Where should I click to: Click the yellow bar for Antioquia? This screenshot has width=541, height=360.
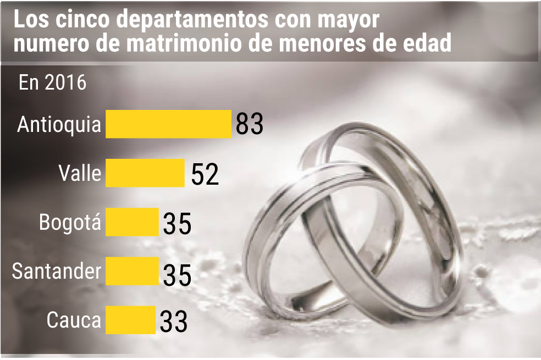click(x=168, y=124)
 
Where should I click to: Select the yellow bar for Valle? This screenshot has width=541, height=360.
click(x=145, y=173)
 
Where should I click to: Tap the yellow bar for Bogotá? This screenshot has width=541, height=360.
click(x=132, y=222)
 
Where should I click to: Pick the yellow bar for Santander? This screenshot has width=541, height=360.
click(x=132, y=271)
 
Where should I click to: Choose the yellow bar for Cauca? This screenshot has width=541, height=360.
click(x=130, y=320)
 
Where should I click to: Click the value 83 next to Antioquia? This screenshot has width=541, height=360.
click(x=250, y=124)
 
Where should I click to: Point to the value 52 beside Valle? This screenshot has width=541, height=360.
click(x=205, y=174)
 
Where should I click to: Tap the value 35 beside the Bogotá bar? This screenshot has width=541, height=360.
click(x=177, y=224)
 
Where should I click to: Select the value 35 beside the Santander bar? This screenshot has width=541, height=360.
click(x=177, y=275)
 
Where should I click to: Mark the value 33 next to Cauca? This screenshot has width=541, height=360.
click(x=174, y=322)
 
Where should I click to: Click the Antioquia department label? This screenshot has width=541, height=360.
click(x=59, y=124)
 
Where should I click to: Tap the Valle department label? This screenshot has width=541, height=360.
click(x=80, y=173)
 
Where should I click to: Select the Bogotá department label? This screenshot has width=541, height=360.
click(x=70, y=222)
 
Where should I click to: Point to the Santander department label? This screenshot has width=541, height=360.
click(x=57, y=271)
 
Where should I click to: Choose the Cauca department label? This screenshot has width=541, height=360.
click(x=74, y=320)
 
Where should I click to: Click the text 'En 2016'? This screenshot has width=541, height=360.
click(x=52, y=83)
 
